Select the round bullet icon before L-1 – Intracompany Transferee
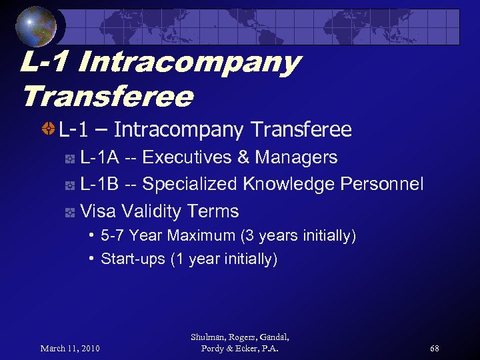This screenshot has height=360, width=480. coord(47,128)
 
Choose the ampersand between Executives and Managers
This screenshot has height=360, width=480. coord(243,157)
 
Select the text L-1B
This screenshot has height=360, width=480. coord(100,184)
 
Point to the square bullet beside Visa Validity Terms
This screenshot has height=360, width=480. coord(69,213)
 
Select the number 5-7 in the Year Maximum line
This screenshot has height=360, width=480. coord(113,235)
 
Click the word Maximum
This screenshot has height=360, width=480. coord(201,235)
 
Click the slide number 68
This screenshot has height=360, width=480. coord(435,348)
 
